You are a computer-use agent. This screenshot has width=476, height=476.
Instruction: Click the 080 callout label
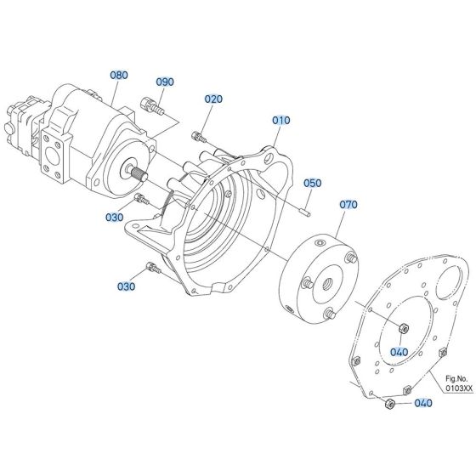[x=118, y=75]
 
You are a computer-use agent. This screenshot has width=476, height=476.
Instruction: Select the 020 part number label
[x=212, y=99]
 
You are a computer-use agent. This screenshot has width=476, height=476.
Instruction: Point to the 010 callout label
[x=281, y=121]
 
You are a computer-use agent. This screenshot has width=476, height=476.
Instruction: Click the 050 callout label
[x=313, y=183]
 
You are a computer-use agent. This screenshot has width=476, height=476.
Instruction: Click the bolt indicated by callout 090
[x=154, y=107]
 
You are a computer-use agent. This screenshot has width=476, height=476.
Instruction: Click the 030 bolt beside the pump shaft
[x=143, y=200]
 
